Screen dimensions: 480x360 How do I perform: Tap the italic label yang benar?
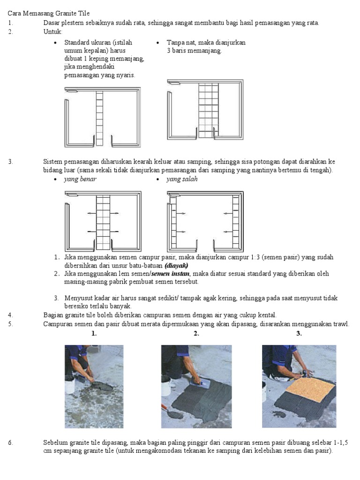(x=80, y=180)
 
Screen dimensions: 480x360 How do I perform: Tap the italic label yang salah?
(x=182, y=180)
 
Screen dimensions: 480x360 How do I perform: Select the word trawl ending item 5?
(x=341, y=324)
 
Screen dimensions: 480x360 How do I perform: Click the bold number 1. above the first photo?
(x=94, y=334)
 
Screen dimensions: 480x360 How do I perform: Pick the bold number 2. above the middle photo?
(x=196, y=334)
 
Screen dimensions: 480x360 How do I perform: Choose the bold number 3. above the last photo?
(x=299, y=334)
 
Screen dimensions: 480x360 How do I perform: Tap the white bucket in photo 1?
(x=70, y=386)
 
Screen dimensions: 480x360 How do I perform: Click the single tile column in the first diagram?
(x=99, y=117)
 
